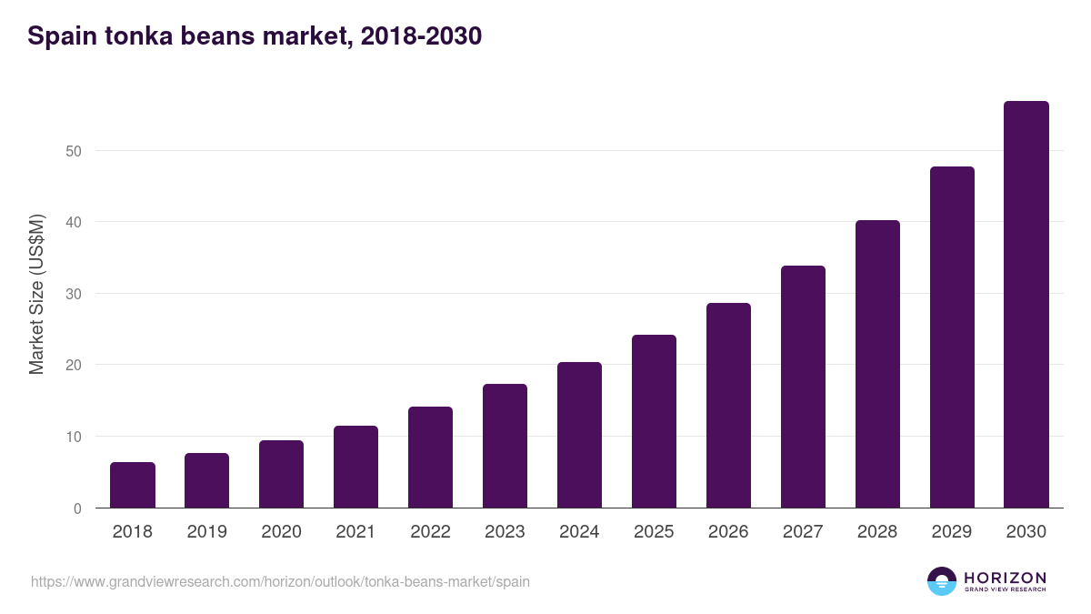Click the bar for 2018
point(133,485)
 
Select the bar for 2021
point(355,467)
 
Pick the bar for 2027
point(803,387)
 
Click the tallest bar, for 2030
point(1026,305)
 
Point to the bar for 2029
point(952,337)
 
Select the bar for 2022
point(430,457)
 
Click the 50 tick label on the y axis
point(74,151)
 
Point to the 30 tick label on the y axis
point(74,294)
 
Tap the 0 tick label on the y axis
point(77,508)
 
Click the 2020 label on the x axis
point(281,532)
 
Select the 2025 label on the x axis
point(654,532)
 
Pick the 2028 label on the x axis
point(877,532)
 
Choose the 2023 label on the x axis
point(505,532)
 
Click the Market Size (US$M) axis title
point(36,294)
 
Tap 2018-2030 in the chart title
point(421,36)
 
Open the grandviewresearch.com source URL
point(280,581)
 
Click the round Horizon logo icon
point(942,581)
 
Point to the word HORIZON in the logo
point(1005,578)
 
